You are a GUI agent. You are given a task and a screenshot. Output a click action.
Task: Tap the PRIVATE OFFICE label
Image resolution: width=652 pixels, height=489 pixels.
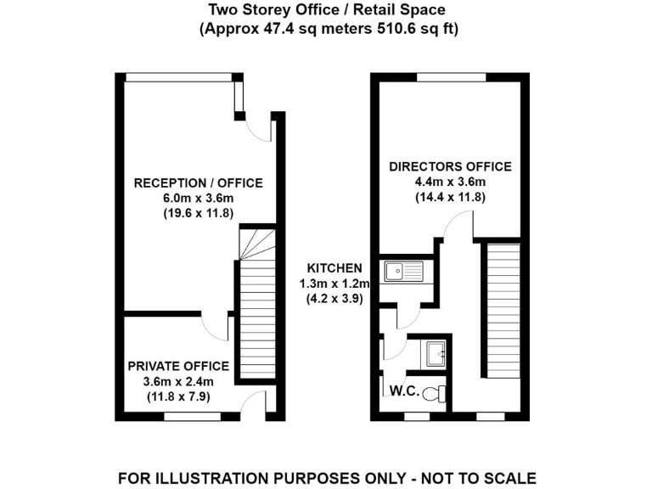tap(178, 366)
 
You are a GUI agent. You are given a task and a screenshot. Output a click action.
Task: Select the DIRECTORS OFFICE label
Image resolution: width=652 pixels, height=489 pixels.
tap(450, 166)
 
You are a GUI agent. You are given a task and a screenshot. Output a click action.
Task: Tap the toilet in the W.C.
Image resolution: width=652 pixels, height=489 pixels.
tap(436, 393)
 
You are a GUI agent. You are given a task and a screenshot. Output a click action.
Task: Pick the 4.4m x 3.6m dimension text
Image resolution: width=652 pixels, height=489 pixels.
tap(450, 182)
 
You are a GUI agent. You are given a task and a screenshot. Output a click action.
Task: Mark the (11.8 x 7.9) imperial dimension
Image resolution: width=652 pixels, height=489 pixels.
tap(178, 396)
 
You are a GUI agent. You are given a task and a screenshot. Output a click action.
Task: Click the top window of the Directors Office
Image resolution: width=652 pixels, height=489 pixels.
tap(451, 77)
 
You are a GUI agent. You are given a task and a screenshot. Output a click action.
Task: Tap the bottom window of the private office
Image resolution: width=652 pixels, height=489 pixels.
tap(186, 416)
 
